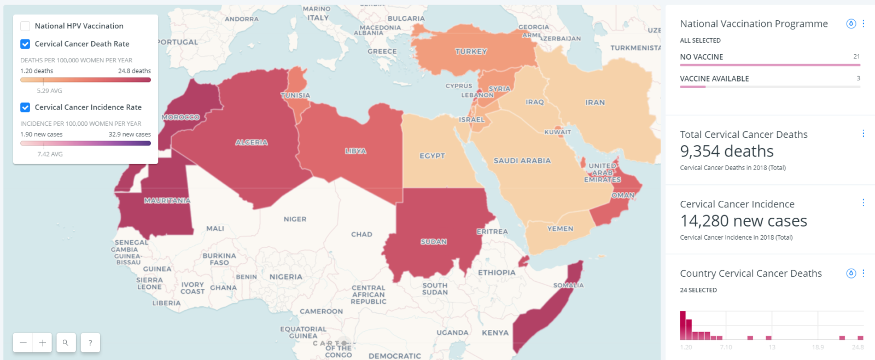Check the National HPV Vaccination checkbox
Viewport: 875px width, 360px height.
(x=25, y=26)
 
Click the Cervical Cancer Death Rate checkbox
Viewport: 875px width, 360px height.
(x=25, y=44)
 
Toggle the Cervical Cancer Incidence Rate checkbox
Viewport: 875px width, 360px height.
(x=25, y=107)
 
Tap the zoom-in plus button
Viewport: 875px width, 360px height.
(x=43, y=343)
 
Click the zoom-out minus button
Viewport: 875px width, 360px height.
(x=23, y=343)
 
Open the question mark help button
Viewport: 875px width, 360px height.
(x=90, y=343)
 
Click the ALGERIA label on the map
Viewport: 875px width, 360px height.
(x=252, y=142)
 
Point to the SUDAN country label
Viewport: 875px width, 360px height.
(x=434, y=241)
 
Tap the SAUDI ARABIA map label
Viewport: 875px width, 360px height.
(x=522, y=161)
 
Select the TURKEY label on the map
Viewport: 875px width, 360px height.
(x=471, y=51)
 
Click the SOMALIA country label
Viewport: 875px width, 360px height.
(x=568, y=285)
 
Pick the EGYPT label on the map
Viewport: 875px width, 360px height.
(x=432, y=156)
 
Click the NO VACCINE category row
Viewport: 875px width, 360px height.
(x=702, y=57)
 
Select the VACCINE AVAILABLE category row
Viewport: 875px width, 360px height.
(x=714, y=79)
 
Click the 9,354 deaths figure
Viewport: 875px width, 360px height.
(x=727, y=151)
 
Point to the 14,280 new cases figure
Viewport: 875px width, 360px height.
(x=743, y=221)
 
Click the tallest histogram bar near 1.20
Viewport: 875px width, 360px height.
(x=682, y=326)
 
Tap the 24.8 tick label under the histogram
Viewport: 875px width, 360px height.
(x=857, y=347)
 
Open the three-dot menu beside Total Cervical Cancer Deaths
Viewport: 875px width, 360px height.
(x=863, y=133)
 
